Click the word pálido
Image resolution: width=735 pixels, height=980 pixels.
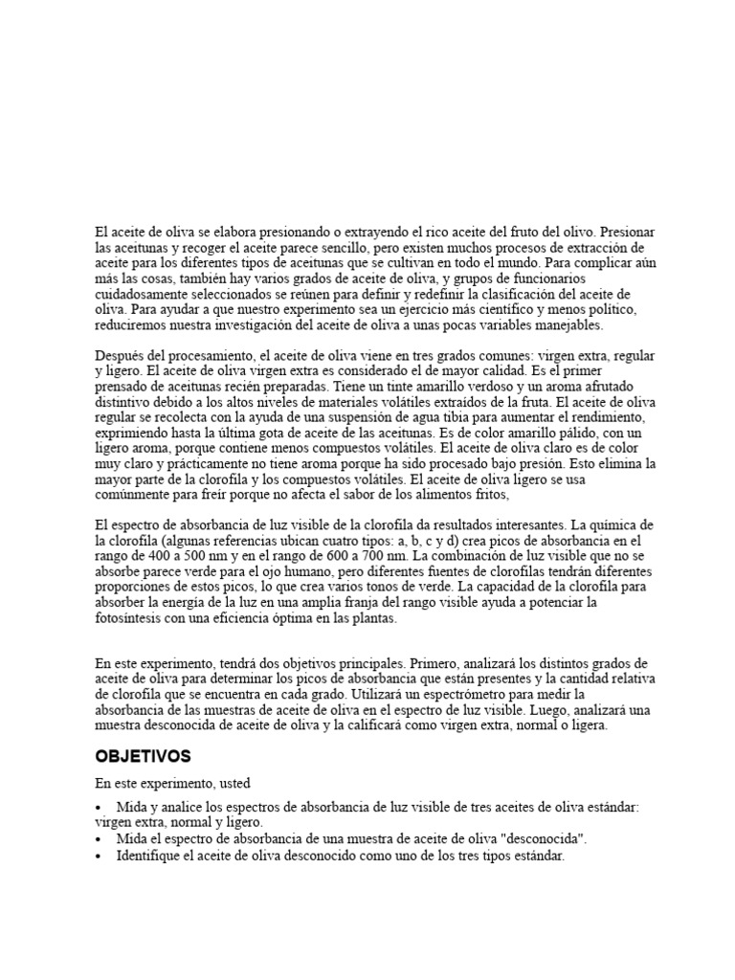coord(553,434)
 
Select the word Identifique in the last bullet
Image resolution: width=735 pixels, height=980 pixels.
coord(154,857)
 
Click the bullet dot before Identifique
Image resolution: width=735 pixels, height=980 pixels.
coord(100,857)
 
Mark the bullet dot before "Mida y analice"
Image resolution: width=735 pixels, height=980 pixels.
coord(100,809)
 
